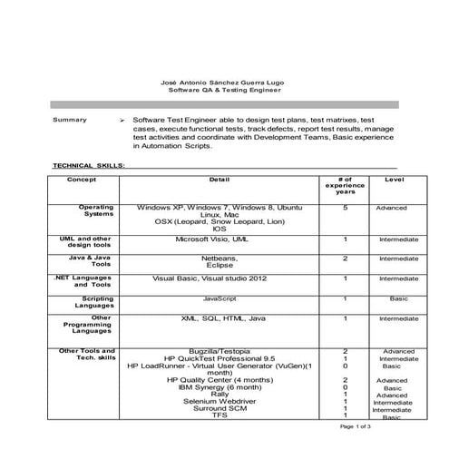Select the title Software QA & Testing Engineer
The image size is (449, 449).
tap(224, 91)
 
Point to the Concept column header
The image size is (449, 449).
tap(81, 180)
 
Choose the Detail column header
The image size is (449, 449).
tap(219, 180)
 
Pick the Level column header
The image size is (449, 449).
tap(395, 180)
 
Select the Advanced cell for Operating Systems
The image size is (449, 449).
tap(392, 208)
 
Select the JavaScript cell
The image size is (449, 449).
tap(220, 298)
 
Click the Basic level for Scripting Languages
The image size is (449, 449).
tap(398, 298)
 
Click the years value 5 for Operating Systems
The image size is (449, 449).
tap(346, 208)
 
